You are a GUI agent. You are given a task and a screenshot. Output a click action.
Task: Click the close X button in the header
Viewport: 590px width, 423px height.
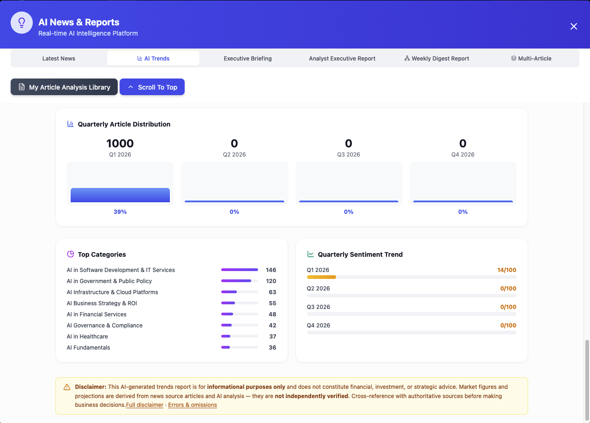coord(573,26)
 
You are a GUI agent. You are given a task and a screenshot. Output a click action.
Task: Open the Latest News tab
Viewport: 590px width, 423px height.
coord(59,59)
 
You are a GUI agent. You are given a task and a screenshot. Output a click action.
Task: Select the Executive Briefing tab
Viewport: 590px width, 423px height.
coord(247,59)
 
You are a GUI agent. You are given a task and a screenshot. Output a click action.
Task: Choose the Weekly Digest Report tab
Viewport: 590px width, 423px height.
coord(436,59)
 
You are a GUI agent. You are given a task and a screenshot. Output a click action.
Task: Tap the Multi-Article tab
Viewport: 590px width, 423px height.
coord(531,59)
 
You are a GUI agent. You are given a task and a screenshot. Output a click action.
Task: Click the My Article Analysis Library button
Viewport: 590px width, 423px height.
coord(64,87)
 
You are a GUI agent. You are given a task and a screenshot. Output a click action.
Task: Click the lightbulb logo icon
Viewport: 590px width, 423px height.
coord(22,23)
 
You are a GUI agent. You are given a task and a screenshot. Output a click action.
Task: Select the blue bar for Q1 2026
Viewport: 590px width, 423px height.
coord(120,195)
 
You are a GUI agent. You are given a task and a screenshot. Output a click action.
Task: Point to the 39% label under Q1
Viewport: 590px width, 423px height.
coord(120,212)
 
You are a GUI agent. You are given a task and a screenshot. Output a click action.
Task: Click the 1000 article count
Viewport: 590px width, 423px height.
coord(120,144)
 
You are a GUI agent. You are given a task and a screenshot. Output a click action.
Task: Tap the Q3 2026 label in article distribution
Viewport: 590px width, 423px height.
coord(349,155)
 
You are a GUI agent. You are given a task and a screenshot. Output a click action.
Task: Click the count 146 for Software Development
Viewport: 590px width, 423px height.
coord(271,270)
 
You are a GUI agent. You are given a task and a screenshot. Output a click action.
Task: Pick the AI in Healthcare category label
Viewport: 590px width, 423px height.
coord(87,337)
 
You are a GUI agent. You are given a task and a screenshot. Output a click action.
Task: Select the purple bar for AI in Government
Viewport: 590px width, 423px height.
coord(236,281)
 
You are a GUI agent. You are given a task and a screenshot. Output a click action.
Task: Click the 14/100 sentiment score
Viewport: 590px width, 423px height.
coord(506,270)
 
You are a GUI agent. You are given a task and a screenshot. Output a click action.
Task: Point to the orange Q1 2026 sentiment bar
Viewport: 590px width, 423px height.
coord(321,277)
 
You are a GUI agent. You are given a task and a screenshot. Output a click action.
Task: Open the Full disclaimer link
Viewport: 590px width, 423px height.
coord(144,405)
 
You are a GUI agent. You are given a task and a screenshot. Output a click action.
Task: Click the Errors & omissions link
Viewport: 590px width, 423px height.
coord(192,405)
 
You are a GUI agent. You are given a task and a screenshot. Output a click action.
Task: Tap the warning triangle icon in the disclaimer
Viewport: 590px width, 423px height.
coord(67,387)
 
